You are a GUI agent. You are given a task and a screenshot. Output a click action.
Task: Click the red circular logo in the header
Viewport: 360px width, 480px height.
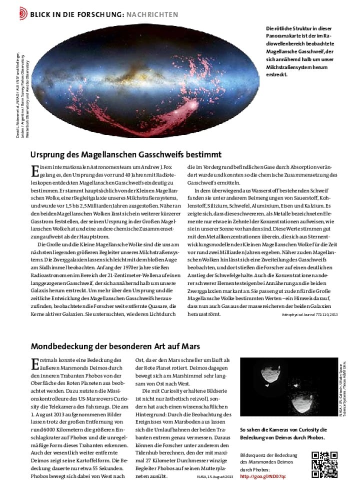[22, 14]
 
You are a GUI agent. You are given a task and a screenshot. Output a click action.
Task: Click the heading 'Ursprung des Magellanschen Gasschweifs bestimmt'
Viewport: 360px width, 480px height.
[125, 155]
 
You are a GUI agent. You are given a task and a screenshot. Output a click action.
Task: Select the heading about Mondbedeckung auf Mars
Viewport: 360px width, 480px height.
[115, 346]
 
